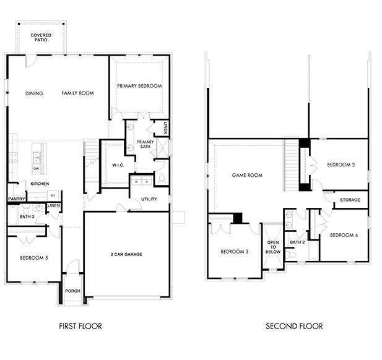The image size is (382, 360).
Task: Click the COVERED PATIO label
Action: (41, 38)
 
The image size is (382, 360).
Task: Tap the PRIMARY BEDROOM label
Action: (139, 86)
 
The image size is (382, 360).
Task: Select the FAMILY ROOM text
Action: (77, 93)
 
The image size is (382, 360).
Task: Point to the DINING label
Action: (34, 93)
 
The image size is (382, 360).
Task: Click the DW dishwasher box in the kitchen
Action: (37, 168)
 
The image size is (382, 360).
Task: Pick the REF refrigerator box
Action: (53, 194)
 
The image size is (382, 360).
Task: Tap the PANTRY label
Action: (16, 199)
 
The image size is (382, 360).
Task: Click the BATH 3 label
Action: (26, 217)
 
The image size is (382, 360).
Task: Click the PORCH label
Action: (72, 291)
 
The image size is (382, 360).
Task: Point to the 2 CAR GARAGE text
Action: (126, 255)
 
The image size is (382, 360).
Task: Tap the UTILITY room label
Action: (149, 199)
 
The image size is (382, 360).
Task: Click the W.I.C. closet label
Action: (119, 165)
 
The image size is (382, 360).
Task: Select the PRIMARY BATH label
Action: (145, 145)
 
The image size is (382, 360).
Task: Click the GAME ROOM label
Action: (247, 175)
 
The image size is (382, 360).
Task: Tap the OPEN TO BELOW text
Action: (273, 246)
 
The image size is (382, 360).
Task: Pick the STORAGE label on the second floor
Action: (350, 200)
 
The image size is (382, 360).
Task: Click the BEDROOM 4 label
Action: (343, 235)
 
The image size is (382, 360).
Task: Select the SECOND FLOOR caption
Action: (294, 326)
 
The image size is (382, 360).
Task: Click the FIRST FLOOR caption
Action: (80, 326)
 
